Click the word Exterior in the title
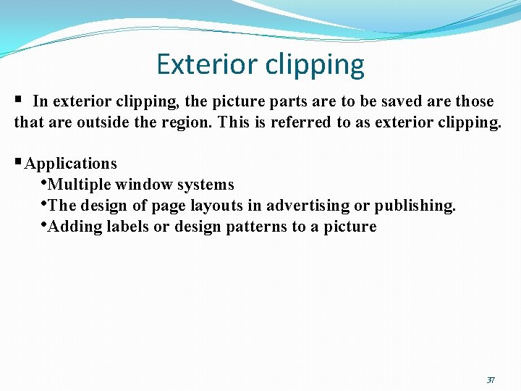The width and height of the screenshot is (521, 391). tap(206, 64)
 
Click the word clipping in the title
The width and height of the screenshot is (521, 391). tap(315, 66)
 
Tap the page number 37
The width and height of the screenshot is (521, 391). tap(491, 380)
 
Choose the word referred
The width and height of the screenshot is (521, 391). tap(301, 122)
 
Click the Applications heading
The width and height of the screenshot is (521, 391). tap(70, 164)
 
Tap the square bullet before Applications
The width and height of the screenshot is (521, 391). tap(19, 163)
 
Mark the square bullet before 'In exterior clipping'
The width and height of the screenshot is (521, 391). tap(18, 100)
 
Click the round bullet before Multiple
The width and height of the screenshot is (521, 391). tap(44, 182)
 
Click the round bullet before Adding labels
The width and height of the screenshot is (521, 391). tap(44, 224)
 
